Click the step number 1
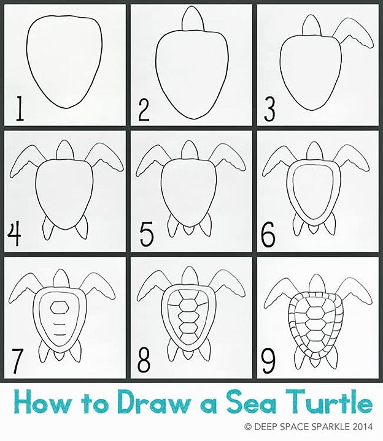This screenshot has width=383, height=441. [x=20, y=108]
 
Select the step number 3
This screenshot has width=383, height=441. [x=269, y=109]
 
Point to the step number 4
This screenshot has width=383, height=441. [x=14, y=234]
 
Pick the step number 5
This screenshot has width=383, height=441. [x=147, y=234]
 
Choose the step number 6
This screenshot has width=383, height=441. [x=268, y=234]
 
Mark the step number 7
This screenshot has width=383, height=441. [x=17, y=360]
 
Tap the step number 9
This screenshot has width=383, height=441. [x=268, y=360]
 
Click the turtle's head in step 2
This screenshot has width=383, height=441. [x=193, y=18]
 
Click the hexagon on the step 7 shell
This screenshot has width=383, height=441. [x=60, y=307]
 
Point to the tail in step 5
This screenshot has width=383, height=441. [x=187, y=230]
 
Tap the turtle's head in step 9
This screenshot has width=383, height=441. [x=317, y=285]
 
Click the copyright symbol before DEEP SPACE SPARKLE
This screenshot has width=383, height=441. [x=248, y=427]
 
